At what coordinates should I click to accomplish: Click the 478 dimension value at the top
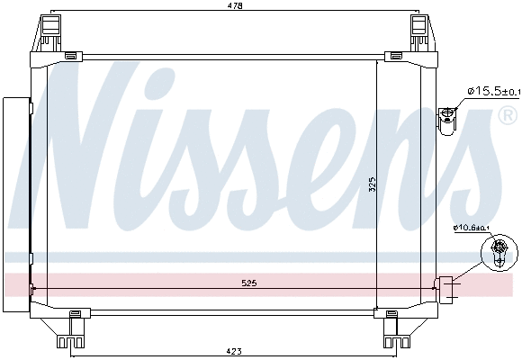point(234,6)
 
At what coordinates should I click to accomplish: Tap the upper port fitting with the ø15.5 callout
point(448,117)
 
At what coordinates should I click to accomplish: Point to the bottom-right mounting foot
point(395,331)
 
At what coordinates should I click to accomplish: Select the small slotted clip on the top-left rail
point(71,57)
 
